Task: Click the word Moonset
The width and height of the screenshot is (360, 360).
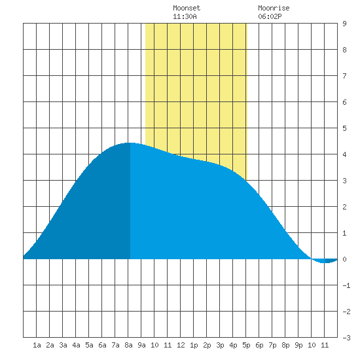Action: (x=187, y=8)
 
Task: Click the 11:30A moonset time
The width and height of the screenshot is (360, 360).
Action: (x=185, y=16)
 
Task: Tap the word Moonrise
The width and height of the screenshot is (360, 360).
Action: (x=274, y=8)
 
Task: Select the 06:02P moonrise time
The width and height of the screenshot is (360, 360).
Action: (x=270, y=16)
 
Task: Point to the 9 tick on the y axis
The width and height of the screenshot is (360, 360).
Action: (x=344, y=24)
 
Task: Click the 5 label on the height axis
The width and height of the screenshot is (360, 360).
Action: (x=344, y=128)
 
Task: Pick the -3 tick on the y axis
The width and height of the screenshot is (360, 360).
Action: (x=346, y=338)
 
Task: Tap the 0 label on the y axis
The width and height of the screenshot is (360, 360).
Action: (x=344, y=259)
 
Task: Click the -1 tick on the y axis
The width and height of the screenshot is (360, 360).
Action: (x=346, y=285)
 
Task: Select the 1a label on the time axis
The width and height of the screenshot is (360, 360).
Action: (x=37, y=345)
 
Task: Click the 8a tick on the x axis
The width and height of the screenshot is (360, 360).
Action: (x=128, y=345)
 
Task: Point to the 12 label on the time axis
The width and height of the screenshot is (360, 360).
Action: (x=181, y=345)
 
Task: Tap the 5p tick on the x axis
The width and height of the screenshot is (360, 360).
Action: (x=246, y=345)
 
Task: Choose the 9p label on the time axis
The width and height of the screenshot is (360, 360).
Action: (x=298, y=345)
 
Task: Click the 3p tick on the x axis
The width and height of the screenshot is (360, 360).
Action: (x=220, y=345)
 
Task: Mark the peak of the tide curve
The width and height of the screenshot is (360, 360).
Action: (x=130, y=143)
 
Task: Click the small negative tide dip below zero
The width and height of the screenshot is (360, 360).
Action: (x=325, y=261)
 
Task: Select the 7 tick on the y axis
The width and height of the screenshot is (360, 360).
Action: (x=344, y=76)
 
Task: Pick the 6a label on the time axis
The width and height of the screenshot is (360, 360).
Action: (x=102, y=345)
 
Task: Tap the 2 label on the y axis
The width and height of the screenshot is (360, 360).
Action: (x=344, y=207)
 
